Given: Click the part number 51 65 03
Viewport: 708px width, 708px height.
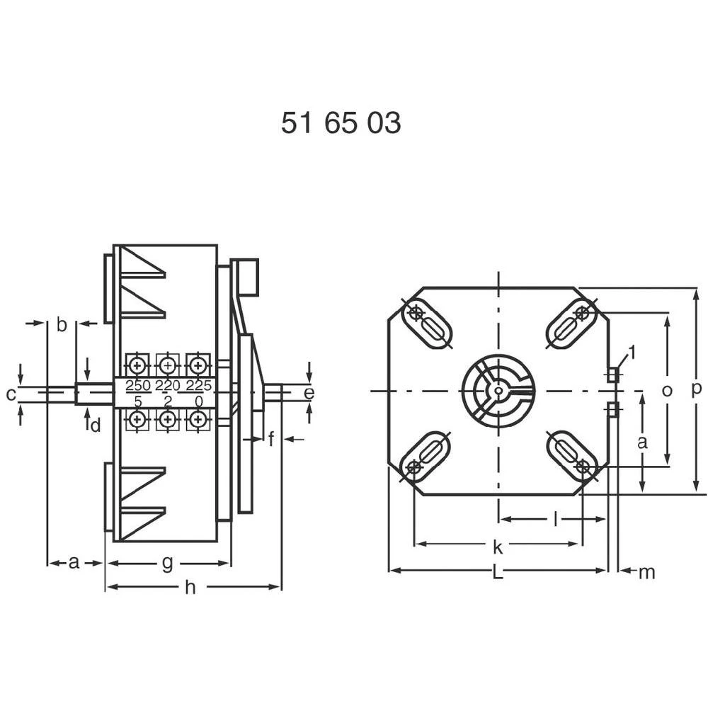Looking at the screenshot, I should (x=341, y=123).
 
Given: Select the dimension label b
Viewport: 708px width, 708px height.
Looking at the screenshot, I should (x=62, y=325).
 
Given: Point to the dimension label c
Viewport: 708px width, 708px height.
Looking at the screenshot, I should (x=11, y=394).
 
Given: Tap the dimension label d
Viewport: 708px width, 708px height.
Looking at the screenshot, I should (x=95, y=425).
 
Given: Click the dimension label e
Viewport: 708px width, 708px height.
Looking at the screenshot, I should (x=309, y=392).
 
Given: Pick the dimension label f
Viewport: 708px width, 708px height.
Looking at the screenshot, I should (x=271, y=440).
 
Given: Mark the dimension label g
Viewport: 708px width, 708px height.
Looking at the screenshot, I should (x=167, y=564).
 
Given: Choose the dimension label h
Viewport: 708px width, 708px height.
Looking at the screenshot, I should (x=190, y=588).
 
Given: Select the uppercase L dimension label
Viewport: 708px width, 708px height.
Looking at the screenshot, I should (x=498, y=573).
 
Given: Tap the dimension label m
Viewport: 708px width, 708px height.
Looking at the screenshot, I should (x=647, y=573).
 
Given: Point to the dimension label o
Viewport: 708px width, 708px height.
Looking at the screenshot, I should (x=666, y=391).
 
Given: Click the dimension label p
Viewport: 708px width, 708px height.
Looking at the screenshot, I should (x=697, y=389).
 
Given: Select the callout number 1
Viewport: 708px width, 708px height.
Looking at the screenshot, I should (x=632, y=351).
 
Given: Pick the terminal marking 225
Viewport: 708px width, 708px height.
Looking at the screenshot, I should (x=198, y=386).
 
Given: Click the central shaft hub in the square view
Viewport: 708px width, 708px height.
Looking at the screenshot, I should (x=498, y=390).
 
